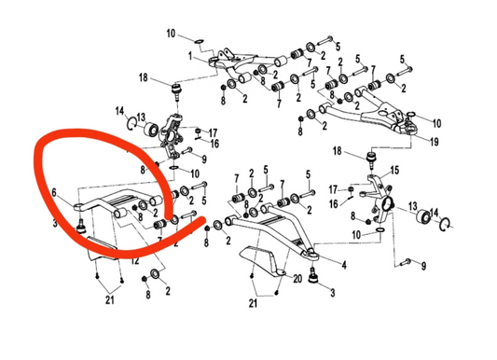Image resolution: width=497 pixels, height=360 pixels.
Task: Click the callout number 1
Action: point(190,56)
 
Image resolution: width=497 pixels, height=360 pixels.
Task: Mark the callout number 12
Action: point(136,262)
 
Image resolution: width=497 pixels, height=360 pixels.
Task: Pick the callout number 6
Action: point(54,193)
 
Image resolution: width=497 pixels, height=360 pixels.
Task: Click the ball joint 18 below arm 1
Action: point(178,91)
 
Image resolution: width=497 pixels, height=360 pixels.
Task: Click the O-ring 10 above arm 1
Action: point(199,41)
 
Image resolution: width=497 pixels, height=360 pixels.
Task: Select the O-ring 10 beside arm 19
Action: point(410,113)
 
